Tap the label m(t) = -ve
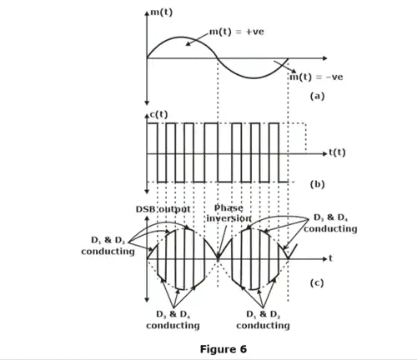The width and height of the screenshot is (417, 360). coord(315,77)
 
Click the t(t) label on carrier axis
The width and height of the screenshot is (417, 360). coord(339,152)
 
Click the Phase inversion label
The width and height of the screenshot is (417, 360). coord(229,212)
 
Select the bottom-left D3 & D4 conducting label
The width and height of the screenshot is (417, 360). coord(173,319)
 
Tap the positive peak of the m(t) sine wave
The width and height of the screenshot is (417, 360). coord(183,37)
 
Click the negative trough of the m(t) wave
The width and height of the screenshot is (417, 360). coord(253,77)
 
